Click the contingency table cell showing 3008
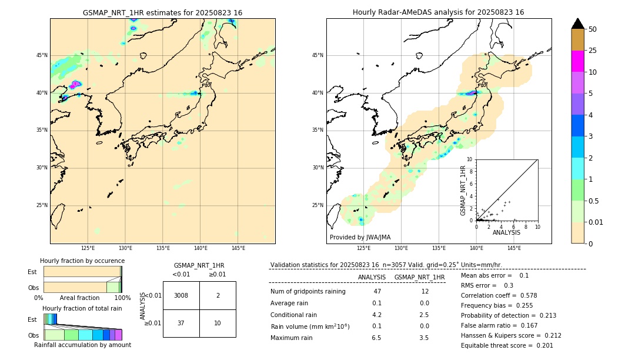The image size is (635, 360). pyautogui.click(x=181, y=295)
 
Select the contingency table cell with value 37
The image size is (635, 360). pyautogui.click(x=181, y=323)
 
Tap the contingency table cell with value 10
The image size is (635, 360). pyautogui.click(x=218, y=323)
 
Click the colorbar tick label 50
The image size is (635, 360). pyautogui.click(x=593, y=29)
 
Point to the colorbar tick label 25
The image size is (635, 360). pyautogui.click(x=593, y=51)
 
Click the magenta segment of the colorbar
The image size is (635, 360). pyautogui.click(x=577, y=61)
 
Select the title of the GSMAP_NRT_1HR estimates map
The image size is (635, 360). pyautogui.click(x=162, y=12)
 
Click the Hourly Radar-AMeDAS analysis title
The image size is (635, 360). pyautogui.click(x=439, y=12)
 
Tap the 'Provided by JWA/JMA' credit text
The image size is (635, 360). pyautogui.click(x=360, y=237)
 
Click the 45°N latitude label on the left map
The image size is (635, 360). pyautogui.click(x=42, y=55)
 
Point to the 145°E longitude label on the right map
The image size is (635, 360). pyautogui.click(x=514, y=248)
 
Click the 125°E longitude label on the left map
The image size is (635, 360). pyautogui.click(x=88, y=248)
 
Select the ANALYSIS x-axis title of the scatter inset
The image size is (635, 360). pyautogui.click(x=506, y=232)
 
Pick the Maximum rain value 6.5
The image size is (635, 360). pyautogui.click(x=376, y=338)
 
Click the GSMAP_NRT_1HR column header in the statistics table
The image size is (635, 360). pyautogui.click(x=419, y=277)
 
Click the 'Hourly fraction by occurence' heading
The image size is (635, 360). pyautogui.click(x=82, y=261)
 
